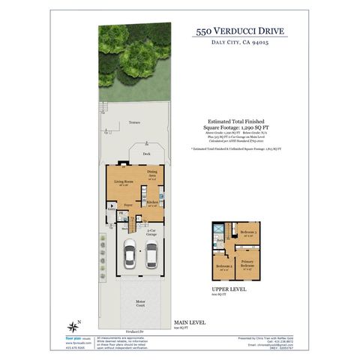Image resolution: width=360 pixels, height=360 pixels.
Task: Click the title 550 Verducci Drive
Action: (x=239, y=32)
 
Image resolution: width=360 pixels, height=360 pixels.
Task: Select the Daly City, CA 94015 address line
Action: (x=239, y=44)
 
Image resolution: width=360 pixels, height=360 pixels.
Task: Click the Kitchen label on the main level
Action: (x=151, y=203)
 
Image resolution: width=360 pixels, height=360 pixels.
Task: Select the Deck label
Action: (x=146, y=153)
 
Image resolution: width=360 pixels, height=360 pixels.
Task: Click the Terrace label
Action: (x=134, y=121)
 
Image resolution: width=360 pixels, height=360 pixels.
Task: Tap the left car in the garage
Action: (x=130, y=254)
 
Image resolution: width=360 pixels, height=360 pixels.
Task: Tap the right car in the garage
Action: (x=151, y=256)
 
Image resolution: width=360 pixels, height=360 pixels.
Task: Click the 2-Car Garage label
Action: (x=151, y=232)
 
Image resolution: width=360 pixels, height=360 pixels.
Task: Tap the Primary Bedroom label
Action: (x=247, y=264)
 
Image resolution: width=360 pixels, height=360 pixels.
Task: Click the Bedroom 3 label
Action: (x=248, y=232)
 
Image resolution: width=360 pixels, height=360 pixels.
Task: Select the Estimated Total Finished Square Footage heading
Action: (x=239, y=124)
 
